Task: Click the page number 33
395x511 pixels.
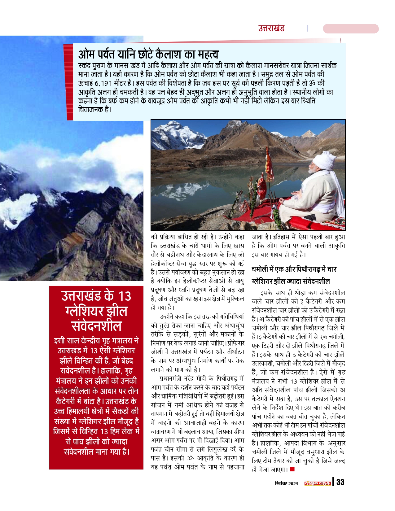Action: click(340, 482)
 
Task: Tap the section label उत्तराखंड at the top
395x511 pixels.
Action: click(271, 28)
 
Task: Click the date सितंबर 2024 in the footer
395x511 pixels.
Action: click(286, 483)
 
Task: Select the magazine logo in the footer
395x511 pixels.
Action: click(317, 483)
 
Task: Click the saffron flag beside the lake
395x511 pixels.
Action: click(269, 164)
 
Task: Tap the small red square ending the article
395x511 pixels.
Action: click(292, 469)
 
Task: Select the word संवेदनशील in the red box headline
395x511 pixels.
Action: click(96, 326)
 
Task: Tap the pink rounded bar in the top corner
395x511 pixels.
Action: click(351, 29)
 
